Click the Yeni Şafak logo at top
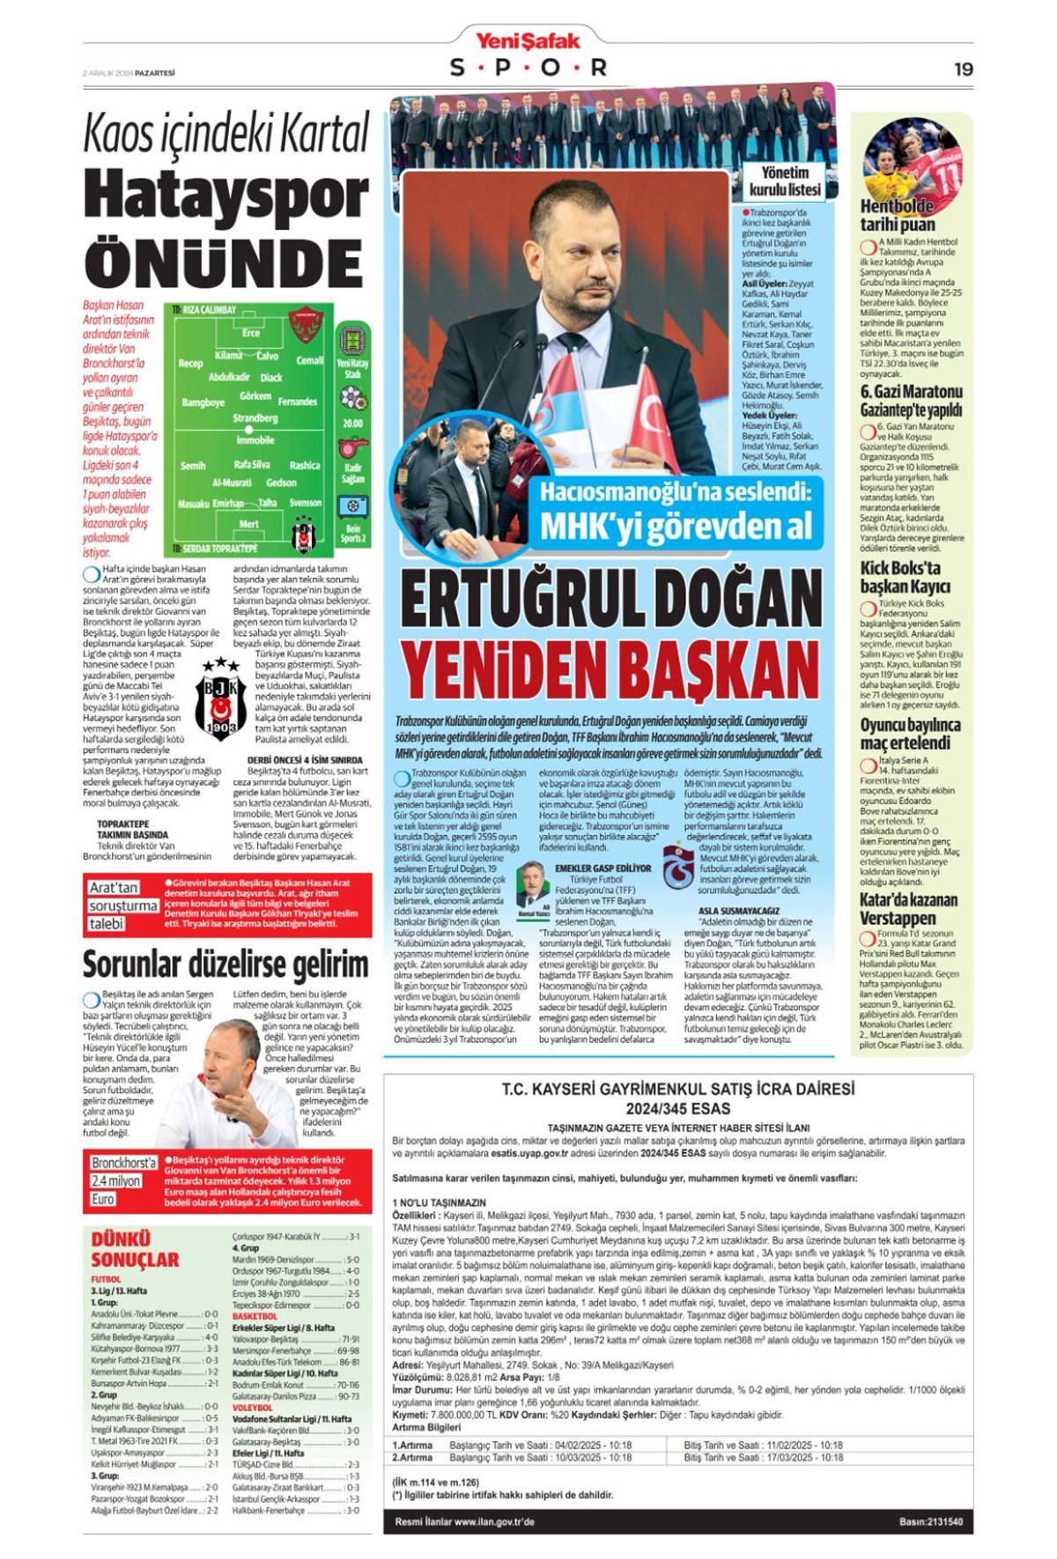tap(528, 41)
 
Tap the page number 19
tap(963, 69)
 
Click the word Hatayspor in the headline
tap(226, 196)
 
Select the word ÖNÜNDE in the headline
tap(224, 262)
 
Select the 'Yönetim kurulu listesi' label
tap(784, 181)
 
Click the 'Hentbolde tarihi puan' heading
tap(897, 216)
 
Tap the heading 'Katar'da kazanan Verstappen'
tap(908, 908)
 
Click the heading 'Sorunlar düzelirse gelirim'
tap(225, 964)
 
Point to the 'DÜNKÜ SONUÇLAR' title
tap(135, 1249)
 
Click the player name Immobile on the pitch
tap(255, 440)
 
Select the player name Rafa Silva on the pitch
tap(252, 464)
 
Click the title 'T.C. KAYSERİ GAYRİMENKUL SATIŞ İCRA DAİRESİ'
tap(677, 1090)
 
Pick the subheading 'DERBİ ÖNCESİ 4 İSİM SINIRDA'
tap(304, 759)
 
